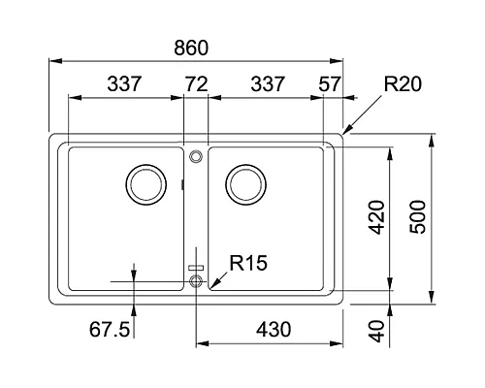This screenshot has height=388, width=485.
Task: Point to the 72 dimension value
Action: click(196, 84)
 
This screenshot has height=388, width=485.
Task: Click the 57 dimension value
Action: click(330, 84)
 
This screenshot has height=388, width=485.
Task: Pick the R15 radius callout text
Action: click(248, 262)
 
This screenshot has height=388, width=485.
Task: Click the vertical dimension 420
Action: click(376, 219)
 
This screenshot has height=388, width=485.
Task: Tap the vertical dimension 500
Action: click(418, 219)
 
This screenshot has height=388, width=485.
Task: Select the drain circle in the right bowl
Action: click(244, 181)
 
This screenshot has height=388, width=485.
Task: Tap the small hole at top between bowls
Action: click(196, 155)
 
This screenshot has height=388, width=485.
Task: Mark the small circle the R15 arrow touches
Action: click(197, 281)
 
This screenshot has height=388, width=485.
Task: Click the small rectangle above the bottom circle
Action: click(197, 266)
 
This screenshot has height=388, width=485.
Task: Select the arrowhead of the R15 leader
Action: click(207, 287)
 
